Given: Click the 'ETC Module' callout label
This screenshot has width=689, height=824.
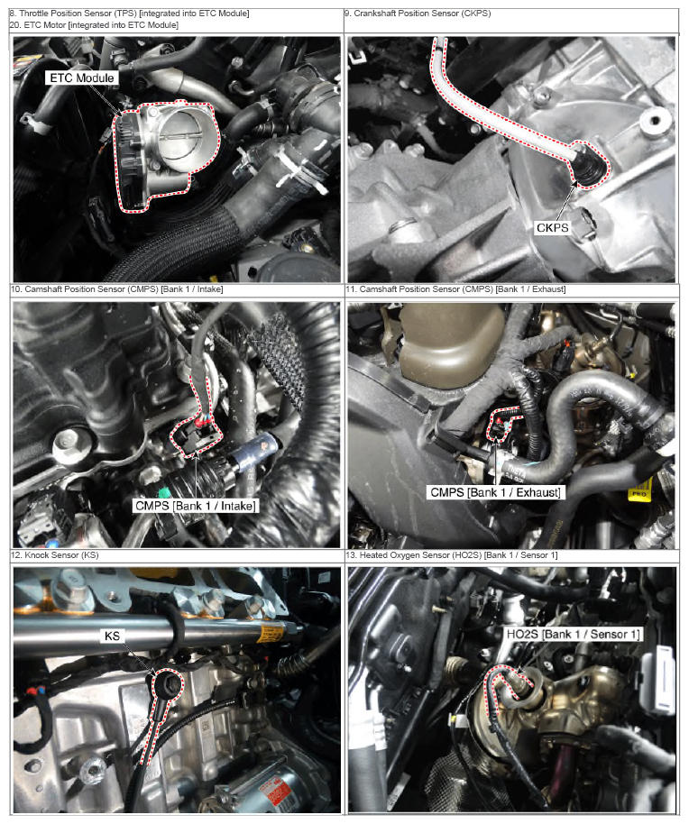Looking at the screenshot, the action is [x=81, y=78].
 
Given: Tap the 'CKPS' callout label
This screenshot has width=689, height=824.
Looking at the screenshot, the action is [x=552, y=227].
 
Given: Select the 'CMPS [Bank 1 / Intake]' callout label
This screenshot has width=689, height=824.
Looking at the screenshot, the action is [x=196, y=506].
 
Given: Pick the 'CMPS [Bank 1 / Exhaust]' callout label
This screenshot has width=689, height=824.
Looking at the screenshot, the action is [x=495, y=492].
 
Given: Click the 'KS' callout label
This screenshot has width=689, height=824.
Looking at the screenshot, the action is [x=112, y=636].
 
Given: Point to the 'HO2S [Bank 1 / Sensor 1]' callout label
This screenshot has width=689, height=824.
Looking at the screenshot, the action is [x=573, y=634].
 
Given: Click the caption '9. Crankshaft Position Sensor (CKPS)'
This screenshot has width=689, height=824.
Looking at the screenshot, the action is [x=418, y=14].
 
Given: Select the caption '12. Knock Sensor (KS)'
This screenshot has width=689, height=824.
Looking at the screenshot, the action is [x=55, y=555].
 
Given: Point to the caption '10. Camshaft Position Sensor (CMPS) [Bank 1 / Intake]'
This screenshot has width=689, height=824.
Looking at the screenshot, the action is [x=116, y=289].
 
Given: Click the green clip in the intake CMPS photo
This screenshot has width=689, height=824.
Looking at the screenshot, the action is [x=164, y=494].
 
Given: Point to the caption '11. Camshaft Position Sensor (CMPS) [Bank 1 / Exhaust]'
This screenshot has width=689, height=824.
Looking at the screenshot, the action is [x=455, y=289].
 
